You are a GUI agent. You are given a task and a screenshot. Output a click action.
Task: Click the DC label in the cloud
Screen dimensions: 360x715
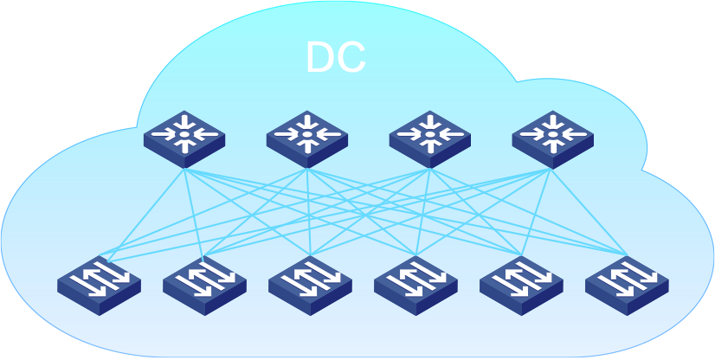(336, 57)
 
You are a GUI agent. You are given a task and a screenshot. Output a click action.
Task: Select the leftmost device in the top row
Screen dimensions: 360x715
(184, 138)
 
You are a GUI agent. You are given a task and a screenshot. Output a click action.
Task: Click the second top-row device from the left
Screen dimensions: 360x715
(307, 138)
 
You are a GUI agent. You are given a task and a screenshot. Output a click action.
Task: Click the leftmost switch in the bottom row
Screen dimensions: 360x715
(99, 282)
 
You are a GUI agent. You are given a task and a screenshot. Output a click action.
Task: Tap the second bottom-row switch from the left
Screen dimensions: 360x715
(204, 282)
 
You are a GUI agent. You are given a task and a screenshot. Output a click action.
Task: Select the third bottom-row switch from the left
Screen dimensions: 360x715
(310, 282)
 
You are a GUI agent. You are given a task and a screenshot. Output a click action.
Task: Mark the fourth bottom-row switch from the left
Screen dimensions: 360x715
(415, 282)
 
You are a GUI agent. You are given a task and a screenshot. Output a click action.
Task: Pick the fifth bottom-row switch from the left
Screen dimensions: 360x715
(521, 282)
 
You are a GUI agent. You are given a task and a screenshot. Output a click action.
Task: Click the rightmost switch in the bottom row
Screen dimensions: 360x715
(627, 282)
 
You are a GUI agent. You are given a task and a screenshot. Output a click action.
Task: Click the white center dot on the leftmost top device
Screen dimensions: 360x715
(184, 135)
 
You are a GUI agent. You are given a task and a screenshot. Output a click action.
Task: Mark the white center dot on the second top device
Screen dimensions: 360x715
(307, 135)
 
